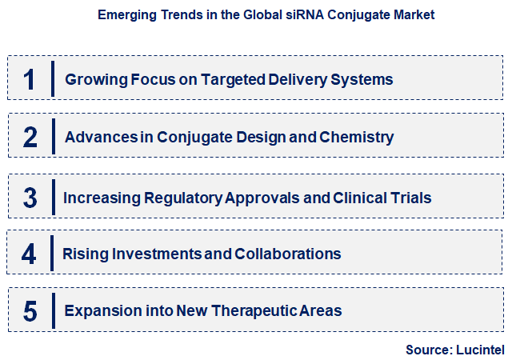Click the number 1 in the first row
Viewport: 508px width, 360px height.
click(30, 79)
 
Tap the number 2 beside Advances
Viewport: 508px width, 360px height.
click(30, 138)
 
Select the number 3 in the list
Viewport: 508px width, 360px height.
click(30, 198)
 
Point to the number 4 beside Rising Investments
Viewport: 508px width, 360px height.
click(30, 254)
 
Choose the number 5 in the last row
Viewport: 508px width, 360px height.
click(30, 311)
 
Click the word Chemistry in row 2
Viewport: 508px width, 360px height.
click(356, 138)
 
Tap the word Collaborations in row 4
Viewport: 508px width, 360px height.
click(288, 254)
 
